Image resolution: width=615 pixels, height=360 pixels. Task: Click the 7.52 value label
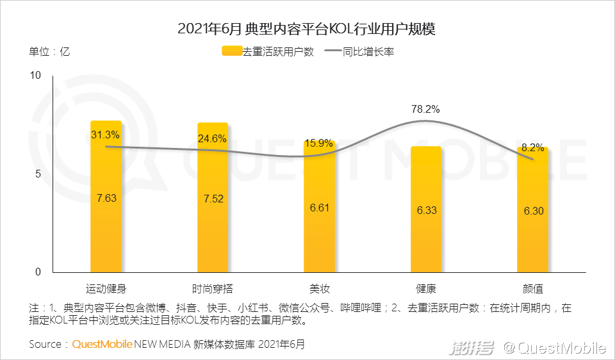pyautogui.click(x=213, y=199)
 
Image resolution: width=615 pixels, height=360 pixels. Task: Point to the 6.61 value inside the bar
pyautogui.click(x=319, y=208)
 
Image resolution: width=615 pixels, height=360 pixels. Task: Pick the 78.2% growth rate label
pyautogui.click(x=425, y=109)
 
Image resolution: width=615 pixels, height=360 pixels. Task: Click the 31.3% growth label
pyautogui.click(x=106, y=135)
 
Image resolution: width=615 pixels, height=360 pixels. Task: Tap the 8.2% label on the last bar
pyautogui.click(x=532, y=147)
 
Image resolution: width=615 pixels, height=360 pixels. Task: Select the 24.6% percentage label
pyautogui.click(x=213, y=138)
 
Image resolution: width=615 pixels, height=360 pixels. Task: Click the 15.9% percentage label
pyautogui.click(x=319, y=143)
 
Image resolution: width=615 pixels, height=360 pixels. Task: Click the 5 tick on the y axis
pyautogui.click(x=38, y=174)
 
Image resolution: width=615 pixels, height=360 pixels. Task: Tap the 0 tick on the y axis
pyautogui.click(x=38, y=272)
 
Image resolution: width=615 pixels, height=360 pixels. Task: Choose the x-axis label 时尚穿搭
pyautogui.click(x=213, y=288)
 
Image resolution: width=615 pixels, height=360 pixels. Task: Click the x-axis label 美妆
pyautogui.click(x=319, y=288)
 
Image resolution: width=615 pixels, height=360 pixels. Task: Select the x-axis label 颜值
pyautogui.click(x=532, y=288)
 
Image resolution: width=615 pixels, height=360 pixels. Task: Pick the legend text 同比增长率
pyautogui.click(x=368, y=52)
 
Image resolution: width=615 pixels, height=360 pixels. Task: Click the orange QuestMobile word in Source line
pyautogui.click(x=102, y=344)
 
